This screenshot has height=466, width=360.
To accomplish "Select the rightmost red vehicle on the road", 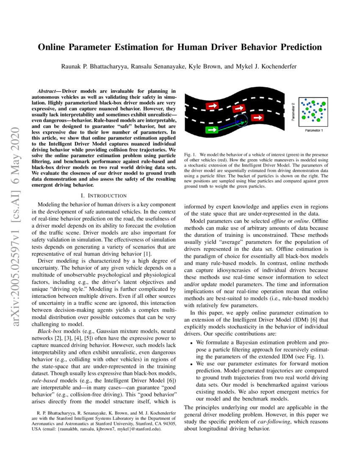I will (257, 117).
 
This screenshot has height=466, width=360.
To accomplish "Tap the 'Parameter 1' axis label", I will (314, 130).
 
